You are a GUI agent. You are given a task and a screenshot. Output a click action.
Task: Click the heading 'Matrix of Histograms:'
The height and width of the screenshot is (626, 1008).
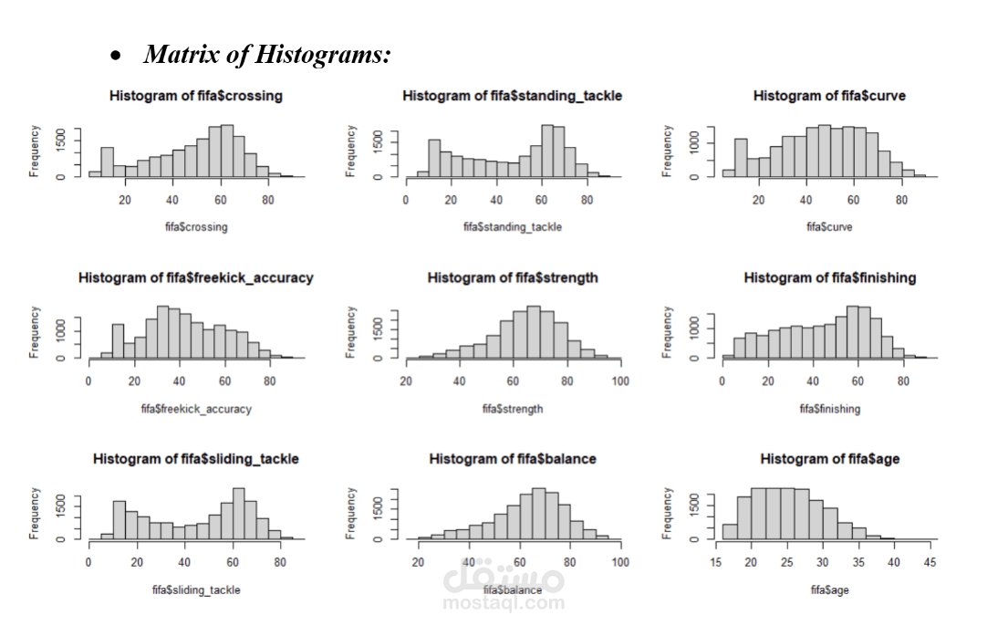click(267, 55)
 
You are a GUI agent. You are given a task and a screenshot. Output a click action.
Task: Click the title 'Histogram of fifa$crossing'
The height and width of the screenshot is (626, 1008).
click(195, 96)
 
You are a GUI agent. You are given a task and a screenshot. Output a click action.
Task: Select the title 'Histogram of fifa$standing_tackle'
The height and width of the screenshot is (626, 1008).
click(512, 96)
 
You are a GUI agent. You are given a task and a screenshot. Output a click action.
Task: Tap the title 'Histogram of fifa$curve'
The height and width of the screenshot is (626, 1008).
click(829, 96)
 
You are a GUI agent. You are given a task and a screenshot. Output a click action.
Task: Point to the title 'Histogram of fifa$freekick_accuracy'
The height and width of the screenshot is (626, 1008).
click(195, 277)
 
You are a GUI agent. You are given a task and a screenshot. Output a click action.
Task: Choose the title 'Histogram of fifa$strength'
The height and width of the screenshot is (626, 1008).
click(512, 277)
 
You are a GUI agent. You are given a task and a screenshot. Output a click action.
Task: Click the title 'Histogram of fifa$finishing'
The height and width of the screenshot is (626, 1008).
click(829, 277)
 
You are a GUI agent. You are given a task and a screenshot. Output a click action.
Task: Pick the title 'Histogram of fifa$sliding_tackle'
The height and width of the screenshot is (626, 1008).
click(195, 459)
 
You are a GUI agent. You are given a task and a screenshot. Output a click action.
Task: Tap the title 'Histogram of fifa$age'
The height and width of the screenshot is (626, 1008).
click(829, 459)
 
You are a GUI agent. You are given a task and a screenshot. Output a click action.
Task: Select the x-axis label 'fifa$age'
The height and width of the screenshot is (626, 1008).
click(829, 590)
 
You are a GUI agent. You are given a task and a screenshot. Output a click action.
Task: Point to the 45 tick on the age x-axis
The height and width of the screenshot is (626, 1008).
click(930, 563)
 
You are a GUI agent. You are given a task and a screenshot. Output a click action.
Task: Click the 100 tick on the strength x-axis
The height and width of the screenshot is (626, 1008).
click(619, 381)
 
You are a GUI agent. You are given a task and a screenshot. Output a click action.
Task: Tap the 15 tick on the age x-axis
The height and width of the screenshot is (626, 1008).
click(716, 563)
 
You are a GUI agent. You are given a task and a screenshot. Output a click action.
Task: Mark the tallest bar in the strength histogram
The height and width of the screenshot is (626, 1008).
click(534, 332)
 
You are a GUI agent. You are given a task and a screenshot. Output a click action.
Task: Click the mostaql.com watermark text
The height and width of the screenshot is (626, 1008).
click(503, 603)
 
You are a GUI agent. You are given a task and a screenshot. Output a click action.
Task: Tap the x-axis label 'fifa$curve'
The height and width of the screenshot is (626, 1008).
click(829, 227)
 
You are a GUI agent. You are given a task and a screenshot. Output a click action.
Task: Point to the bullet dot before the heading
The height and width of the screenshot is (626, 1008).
click(116, 57)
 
